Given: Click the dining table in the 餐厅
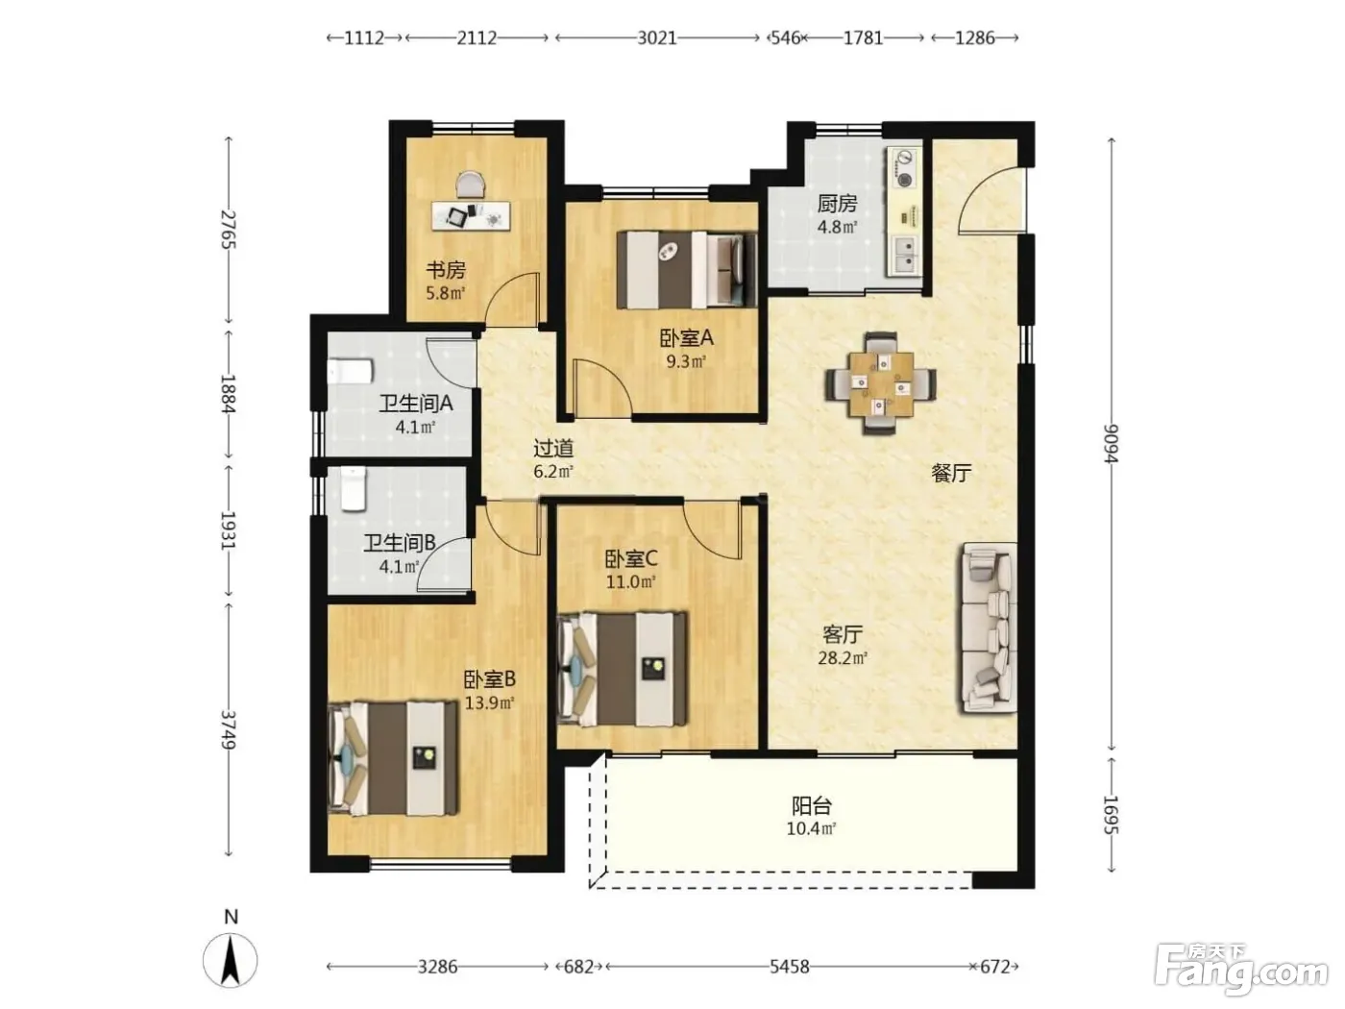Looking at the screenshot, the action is pyautogui.click(x=881, y=382).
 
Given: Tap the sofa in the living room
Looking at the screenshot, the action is pyautogui.click(x=988, y=628).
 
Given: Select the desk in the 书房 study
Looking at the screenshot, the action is pyautogui.click(x=471, y=215).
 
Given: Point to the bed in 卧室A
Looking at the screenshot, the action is pyautogui.click(x=686, y=269).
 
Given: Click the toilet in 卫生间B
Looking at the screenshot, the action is pyautogui.click(x=353, y=489).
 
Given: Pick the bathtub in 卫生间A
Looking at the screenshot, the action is pyautogui.click(x=350, y=371).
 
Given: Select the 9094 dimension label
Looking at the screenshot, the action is pyautogui.click(x=1111, y=443).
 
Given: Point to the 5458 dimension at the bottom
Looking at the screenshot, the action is pyautogui.click(x=790, y=967).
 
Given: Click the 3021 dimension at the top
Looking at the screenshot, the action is pyautogui.click(x=657, y=38).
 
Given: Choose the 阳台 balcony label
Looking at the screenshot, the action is pyautogui.click(x=812, y=805).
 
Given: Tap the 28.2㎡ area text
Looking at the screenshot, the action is pyautogui.click(x=843, y=658).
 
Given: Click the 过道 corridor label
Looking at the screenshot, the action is pyautogui.click(x=553, y=449).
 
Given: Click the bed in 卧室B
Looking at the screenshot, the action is pyautogui.click(x=393, y=758).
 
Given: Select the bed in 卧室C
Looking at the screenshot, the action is pyautogui.click(x=622, y=669).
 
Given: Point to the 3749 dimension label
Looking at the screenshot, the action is pyautogui.click(x=228, y=729).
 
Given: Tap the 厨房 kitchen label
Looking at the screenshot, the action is pyautogui.click(x=837, y=204).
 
